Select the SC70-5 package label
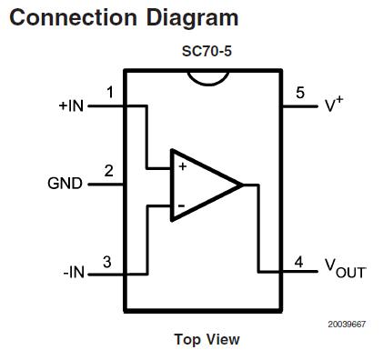(x=207, y=52)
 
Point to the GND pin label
(x=65, y=183)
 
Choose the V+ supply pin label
(x=334, y=105)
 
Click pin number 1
(x=109, y=93)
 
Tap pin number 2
(x=109, y=170)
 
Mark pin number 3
(x=107, y=262)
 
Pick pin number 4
(x=298, y=262)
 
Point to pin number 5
(x=300, y=93)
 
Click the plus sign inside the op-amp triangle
(x=182, y=167)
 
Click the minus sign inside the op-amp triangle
(x=181, y=206)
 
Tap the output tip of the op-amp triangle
(x=241, y=185)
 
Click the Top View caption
(x=207, y=339)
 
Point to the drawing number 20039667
(x=347, y=324)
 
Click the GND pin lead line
(x=106, y=184)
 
